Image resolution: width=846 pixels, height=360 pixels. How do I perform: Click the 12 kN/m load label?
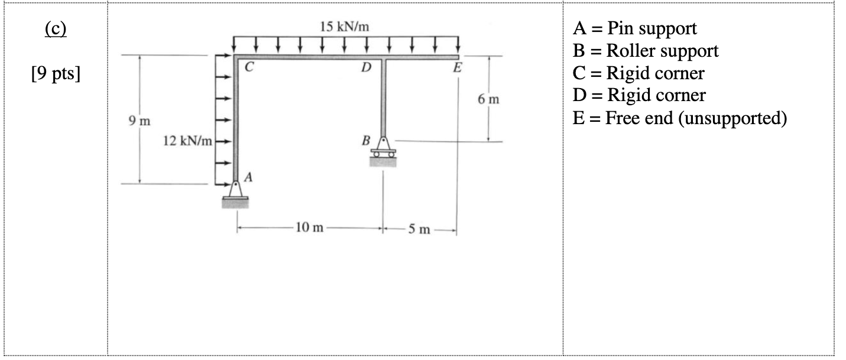(x=187, y=142)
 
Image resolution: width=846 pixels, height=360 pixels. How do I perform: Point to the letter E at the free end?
(x=456, y=68)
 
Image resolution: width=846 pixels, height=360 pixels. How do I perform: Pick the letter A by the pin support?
(x=248, y=176)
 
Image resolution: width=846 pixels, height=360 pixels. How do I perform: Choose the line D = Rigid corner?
(x=638, y=96)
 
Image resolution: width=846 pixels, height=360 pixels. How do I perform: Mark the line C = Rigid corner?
(x=638, y=73)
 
